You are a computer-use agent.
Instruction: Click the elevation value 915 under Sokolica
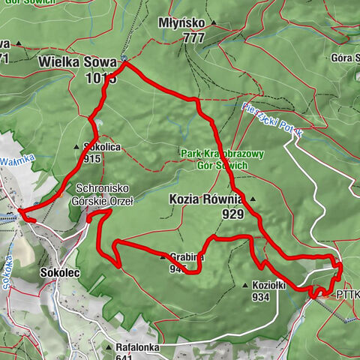pos(93,159)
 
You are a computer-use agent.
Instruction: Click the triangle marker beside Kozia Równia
pos(253,199)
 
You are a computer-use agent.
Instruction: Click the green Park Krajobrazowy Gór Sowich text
pos(223,160)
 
